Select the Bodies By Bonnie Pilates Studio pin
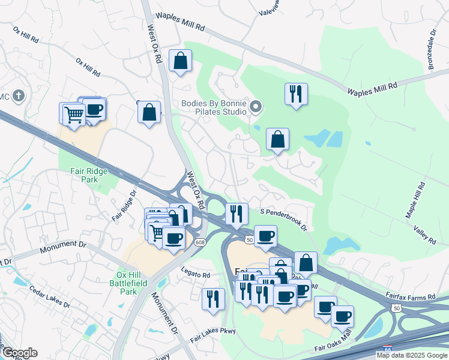pos(256,107)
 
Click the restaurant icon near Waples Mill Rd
pos(295,94)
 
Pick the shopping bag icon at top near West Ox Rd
pos(180,61)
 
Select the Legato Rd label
pos(197,275)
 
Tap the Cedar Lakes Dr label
pos(49,296)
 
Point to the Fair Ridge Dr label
pos(124,205)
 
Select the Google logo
pos(19,353)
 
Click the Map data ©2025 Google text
pos(412,355)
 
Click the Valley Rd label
pos(424,234)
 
